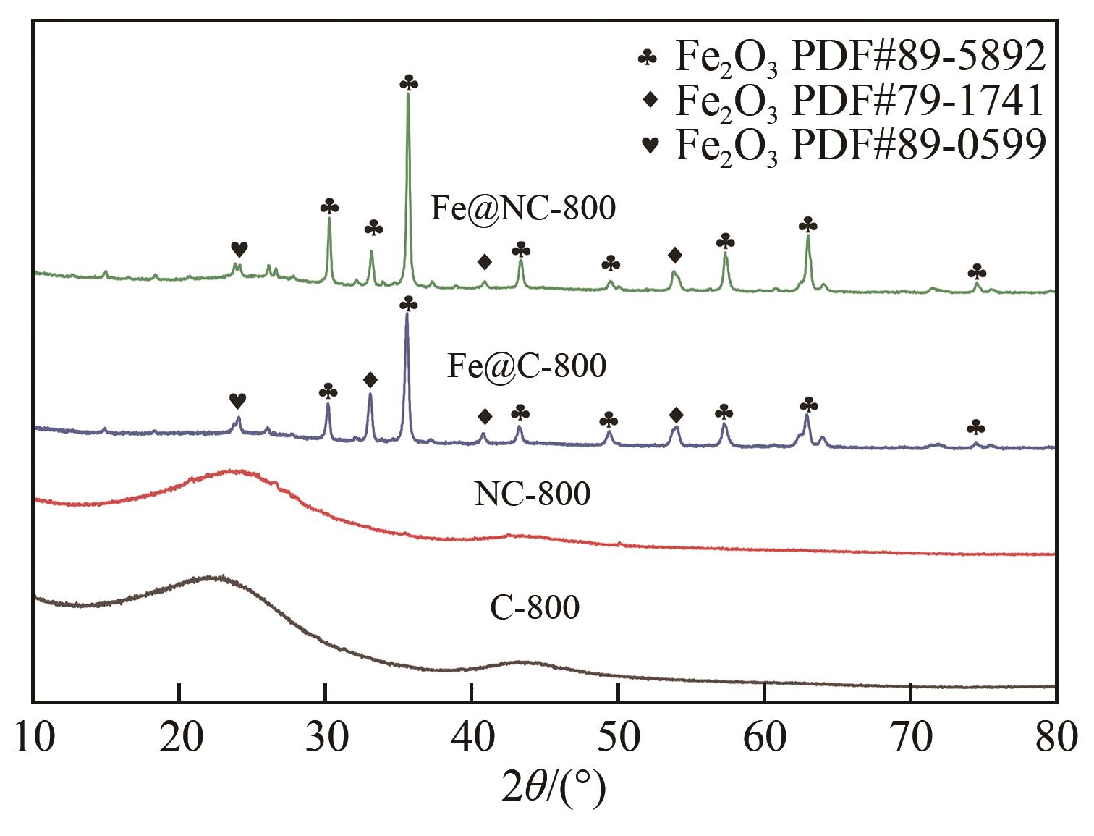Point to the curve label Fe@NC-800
pos(523,208)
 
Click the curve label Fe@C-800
pos(526,366)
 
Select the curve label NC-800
pos(533,494)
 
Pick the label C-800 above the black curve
pos(535,607)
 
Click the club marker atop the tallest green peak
pos(409,83)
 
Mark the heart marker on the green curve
pos(239,249)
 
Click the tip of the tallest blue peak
pos(407,313)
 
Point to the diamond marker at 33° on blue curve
pos(370,379)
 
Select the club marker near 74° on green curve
pos(977,272)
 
